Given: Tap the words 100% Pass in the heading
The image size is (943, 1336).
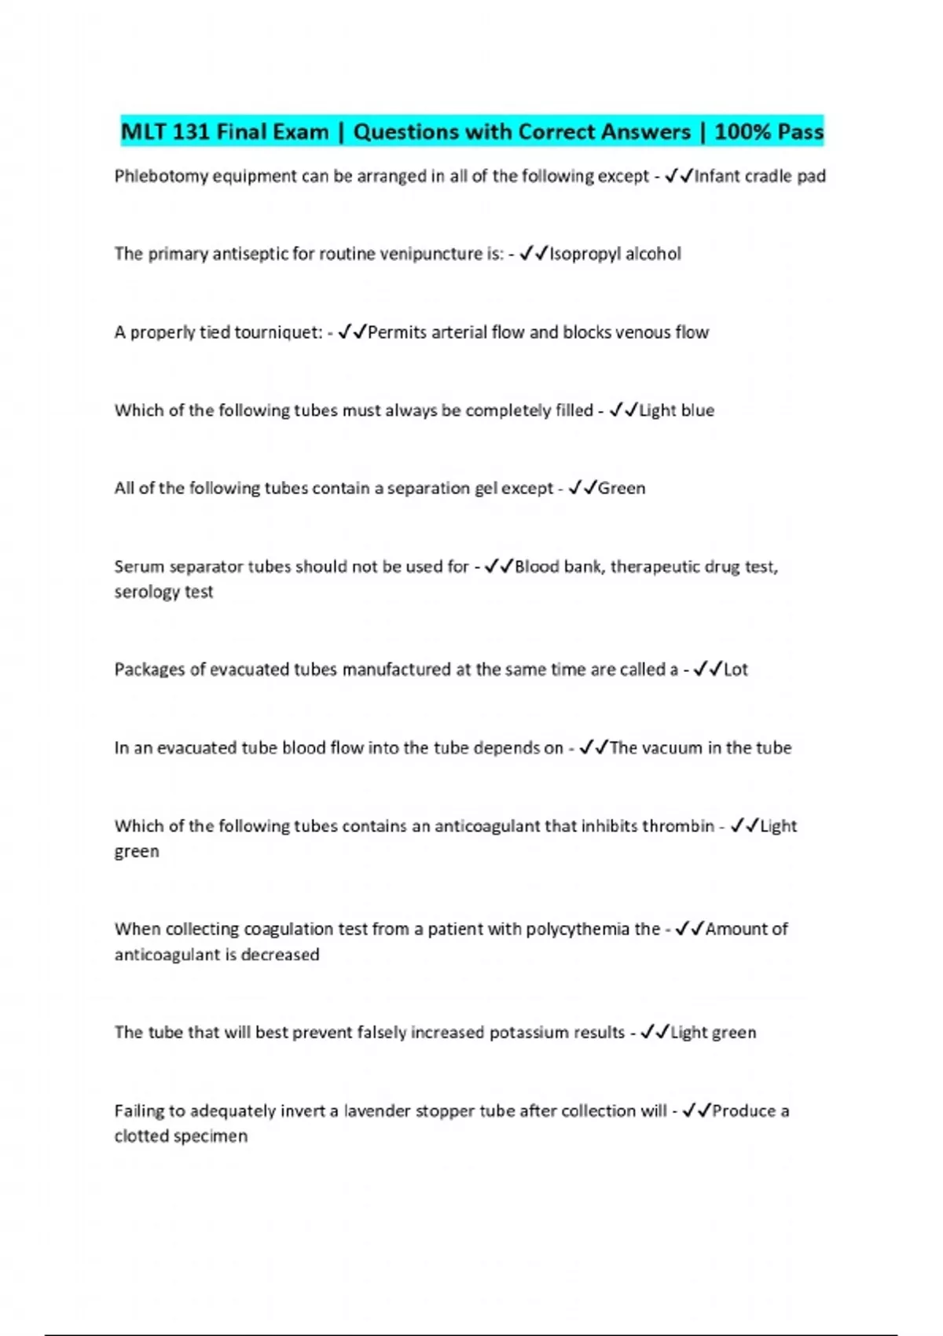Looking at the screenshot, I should pyautogui.click(x=769, y=131).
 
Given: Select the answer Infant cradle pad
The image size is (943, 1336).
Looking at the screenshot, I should pyautogui.click(x=760, y=176).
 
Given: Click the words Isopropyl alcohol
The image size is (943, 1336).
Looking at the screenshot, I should pyautogui.click(x=615, y=254).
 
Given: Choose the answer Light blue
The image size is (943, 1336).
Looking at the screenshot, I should pyautogui.click(x=677, y=410).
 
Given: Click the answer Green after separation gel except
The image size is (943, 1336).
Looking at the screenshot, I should pyautogui.click(x=622, y=488).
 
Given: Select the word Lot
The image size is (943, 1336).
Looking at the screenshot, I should pyautogui.click(x=736, y=670).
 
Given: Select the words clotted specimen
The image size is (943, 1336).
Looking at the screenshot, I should pyautogui.click(x=181, y=1136).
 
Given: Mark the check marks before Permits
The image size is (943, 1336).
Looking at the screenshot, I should pyautogui.click(x=352, y=332).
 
